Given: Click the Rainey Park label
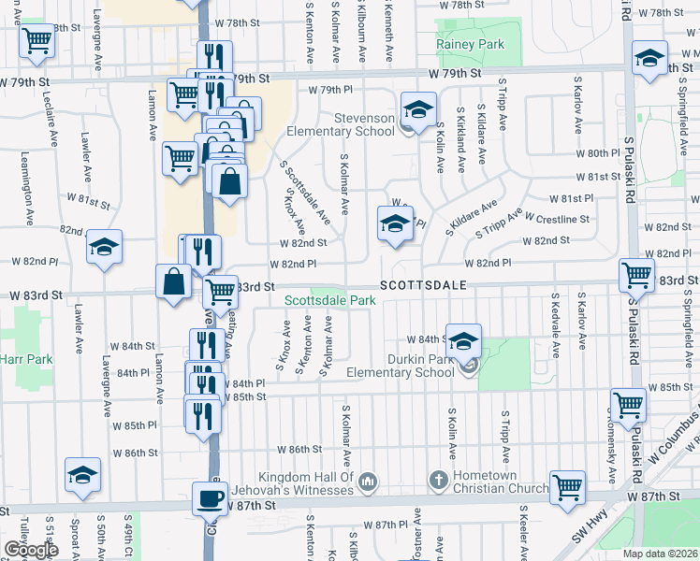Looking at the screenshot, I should [470, 44].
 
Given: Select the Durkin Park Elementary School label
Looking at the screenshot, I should [412, 366].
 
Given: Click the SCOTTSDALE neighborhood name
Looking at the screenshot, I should [422, 284].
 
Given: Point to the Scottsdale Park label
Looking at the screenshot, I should [329, 300].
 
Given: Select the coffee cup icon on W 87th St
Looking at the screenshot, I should [210, 498].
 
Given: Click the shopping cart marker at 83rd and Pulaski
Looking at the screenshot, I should [636, 275].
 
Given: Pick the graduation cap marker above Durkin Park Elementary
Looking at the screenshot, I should [462, 340].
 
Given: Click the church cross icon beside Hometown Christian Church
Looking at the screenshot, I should [437, 481].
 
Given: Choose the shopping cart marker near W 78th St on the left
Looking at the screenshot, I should [36, 40].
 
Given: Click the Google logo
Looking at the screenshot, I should [31, 550].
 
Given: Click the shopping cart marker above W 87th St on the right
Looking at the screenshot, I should [566, 486].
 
